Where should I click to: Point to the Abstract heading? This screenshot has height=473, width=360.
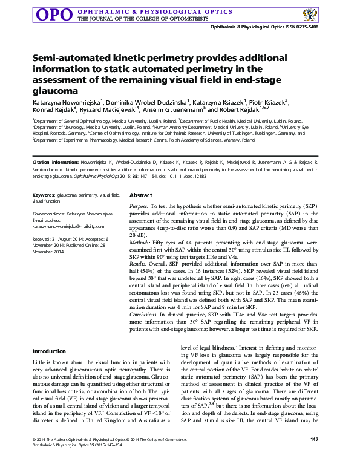tap(141, 196)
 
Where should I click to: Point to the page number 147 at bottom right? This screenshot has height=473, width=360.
tap(313, 455)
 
